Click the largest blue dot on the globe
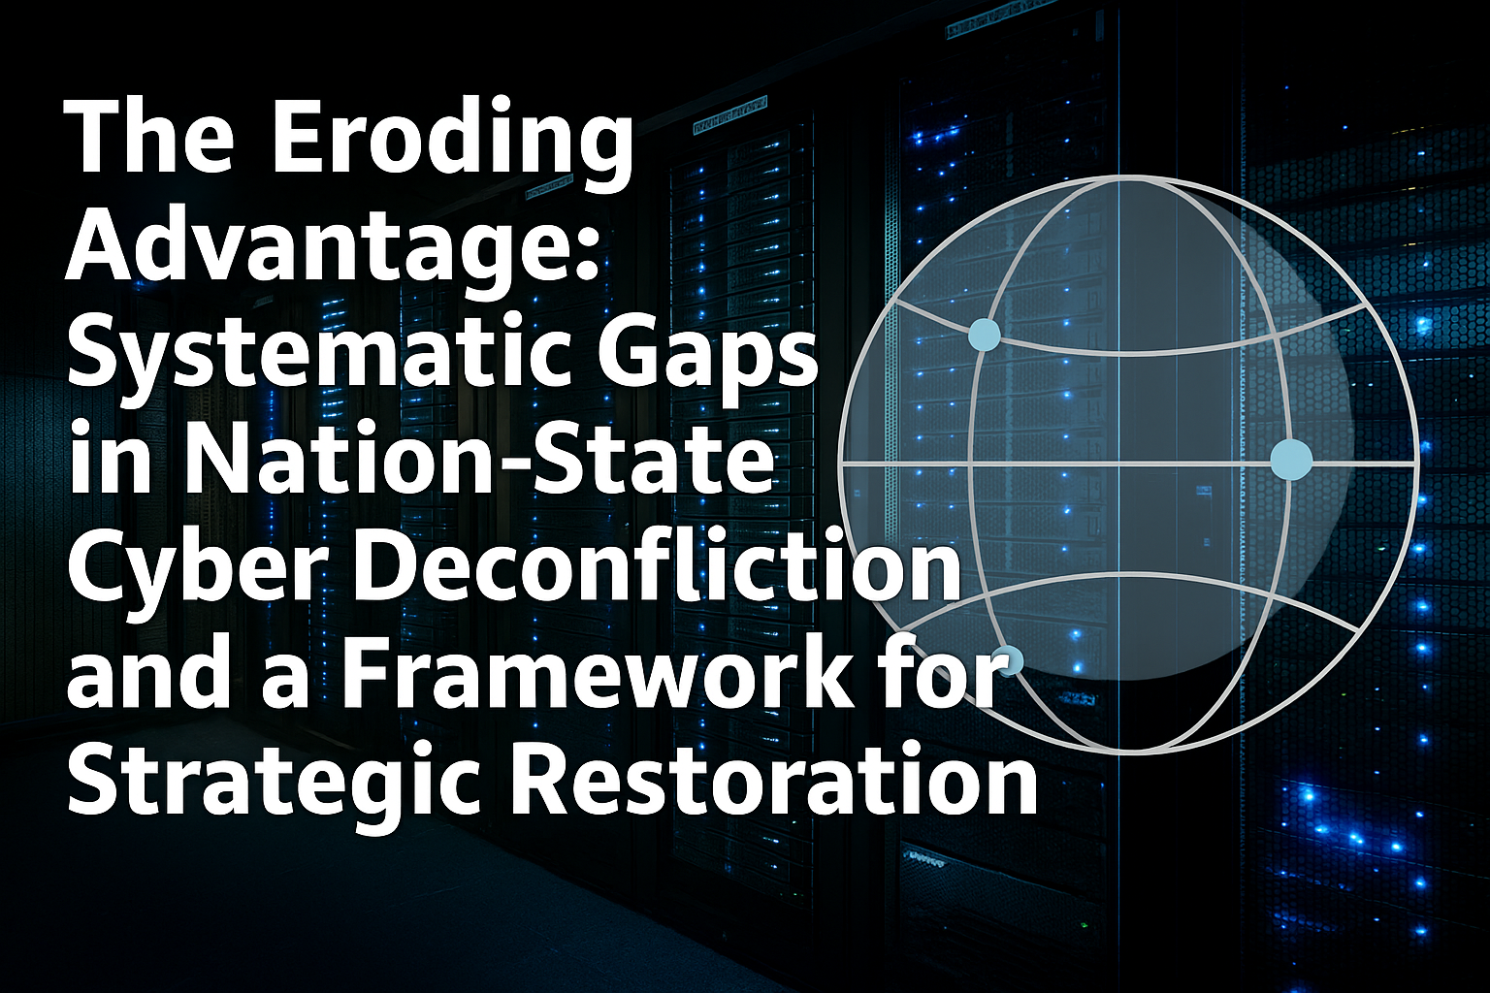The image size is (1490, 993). pos(1291,459)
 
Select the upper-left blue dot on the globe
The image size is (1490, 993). pos(985,334)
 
